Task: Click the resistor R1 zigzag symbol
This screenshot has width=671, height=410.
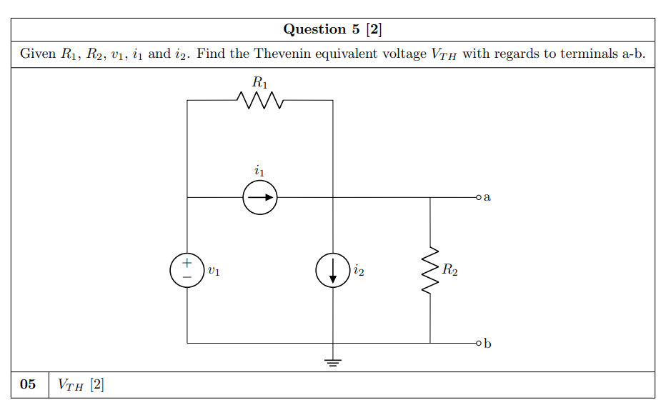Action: (259, 101)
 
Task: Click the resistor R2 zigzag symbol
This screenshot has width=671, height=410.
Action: (430, 271)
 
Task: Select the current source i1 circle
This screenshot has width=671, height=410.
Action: (259, 197)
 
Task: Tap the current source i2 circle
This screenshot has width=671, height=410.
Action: (333, 271)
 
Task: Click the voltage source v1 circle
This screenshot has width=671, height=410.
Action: (187, 271)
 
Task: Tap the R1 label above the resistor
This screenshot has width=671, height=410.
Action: (261, 82)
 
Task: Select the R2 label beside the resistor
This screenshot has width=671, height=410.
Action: (450, 270)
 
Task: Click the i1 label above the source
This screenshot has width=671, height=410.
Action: (259, 171)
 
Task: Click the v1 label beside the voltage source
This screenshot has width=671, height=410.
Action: (214, 271)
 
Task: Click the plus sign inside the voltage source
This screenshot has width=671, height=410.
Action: (187, 263)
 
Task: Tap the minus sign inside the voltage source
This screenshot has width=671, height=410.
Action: (187, 278)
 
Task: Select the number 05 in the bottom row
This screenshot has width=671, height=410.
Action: (28, 384)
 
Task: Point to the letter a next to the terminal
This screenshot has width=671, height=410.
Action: (487, 197)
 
